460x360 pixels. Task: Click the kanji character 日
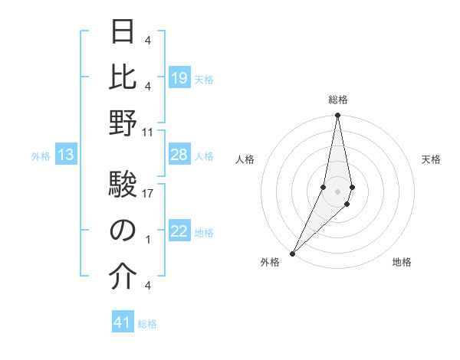pyautogui.click(x=123, y=33)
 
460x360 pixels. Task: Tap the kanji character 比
pyautogui.click(x=123, y=77)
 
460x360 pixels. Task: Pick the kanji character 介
pyautogui.click(x=123, y=278)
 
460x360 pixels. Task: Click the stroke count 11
pyautogui.click(x=148, y=132)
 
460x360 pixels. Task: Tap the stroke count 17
pyautogui.click(x=148, y=194)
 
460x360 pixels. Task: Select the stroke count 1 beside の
pyautogui.click(x=148, y=239)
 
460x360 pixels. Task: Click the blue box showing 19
pyautogui.click(x=179, y=78)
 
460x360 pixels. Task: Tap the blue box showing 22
pyautogui.click(x=179, y=232)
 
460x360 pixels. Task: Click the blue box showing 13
pyautogui.click(x=66, y=155)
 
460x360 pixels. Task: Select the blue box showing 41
pyautogui.click(x=123, y=323)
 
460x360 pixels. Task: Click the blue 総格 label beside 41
pyautogui.click(x=147, y=324)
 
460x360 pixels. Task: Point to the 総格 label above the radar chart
pyautogui.click(x=337, y=100)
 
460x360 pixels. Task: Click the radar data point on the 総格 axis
pyautogui.click(x=337, y=116)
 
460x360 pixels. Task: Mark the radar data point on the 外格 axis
pyautogui.click(x=292, y=253)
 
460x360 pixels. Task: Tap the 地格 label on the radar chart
pyautogui.click(x=402, y=262)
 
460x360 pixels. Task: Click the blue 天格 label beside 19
pyautogui.click(x=204, y=79)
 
